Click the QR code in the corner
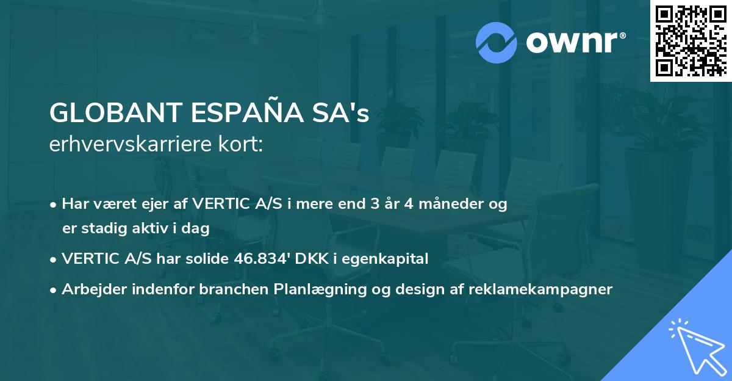coord(691,41)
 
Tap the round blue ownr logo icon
coord(497,42)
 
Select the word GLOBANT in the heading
coord(115,112)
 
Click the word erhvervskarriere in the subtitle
coord(134,145)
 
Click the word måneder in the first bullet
coord(448,204)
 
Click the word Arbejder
coord(90,289)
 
